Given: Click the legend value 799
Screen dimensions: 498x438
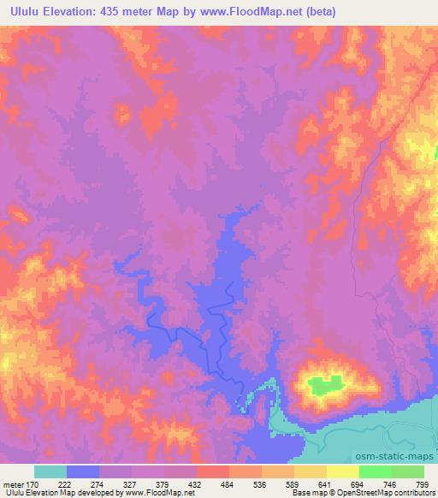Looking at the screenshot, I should tap(423, 483).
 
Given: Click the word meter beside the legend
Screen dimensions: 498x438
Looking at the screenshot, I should tap(12, 483).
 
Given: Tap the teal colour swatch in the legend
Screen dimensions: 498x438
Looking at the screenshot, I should tap(50, 472).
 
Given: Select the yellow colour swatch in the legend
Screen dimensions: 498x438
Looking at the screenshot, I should tap(342, 472).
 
